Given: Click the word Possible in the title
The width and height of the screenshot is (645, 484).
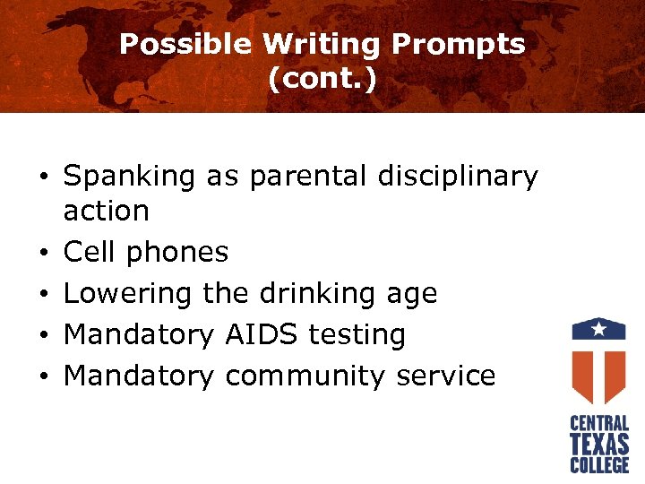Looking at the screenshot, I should coord(185,44).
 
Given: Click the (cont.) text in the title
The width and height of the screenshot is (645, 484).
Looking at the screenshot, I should coord(322,80).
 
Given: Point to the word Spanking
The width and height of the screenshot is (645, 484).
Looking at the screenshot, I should coord(129,177).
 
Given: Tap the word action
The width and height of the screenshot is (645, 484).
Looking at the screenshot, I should coord(107,211).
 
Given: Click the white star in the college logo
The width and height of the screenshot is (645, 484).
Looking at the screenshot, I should coord(599,329).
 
